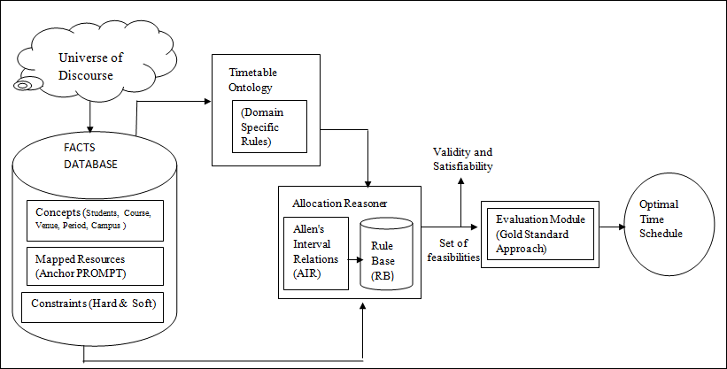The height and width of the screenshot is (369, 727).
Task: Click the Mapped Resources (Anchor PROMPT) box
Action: pos(93,265)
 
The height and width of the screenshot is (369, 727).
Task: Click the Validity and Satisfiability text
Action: pos(461,159)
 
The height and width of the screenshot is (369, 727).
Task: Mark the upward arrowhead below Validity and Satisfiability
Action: pos(460,181)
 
